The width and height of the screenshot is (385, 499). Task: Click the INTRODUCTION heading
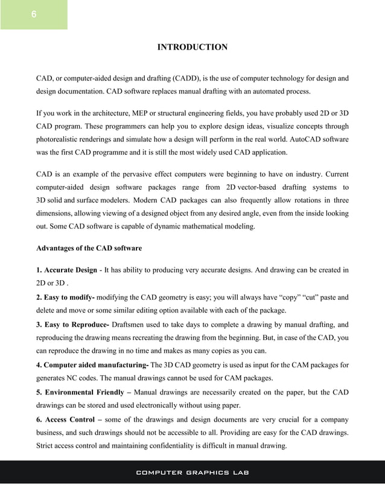coord(192,47)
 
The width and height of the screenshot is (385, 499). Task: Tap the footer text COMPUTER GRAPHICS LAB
coord(192,472)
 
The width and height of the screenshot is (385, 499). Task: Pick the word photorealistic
coord(60,140)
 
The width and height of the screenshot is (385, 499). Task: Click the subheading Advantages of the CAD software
coord(89,248)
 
